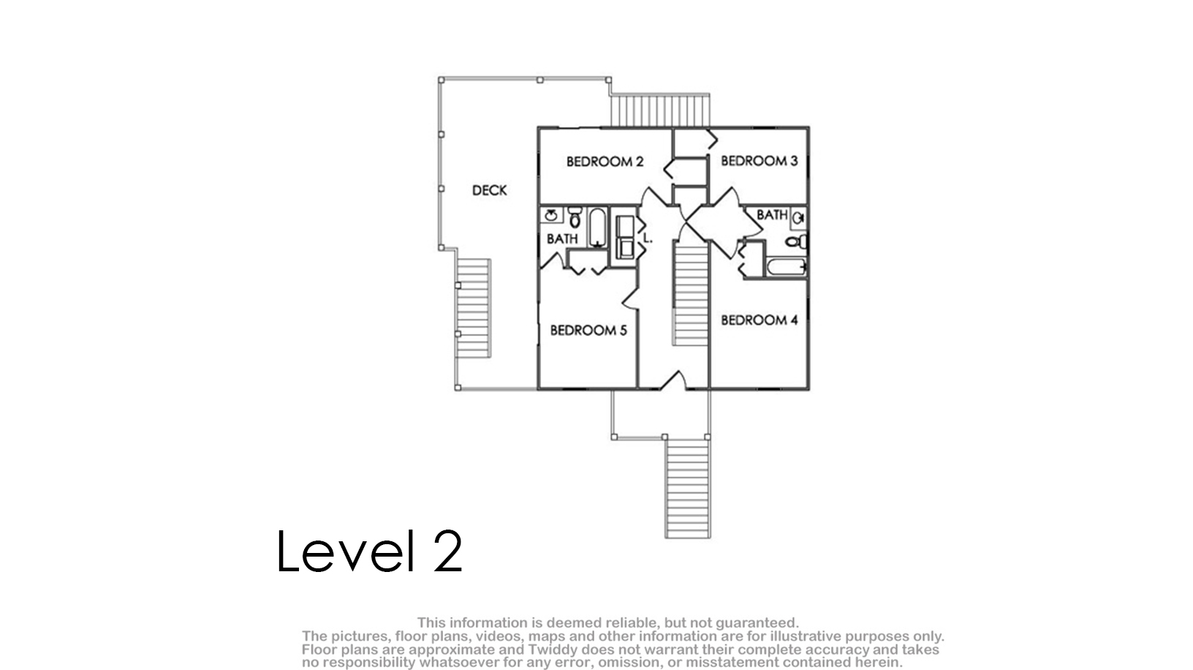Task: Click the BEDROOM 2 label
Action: coord(605,162)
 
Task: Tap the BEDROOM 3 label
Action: coord(760,161)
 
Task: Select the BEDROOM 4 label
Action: coord(760,320)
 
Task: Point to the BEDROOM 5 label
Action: coord(588,331)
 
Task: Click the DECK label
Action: coord(490,190)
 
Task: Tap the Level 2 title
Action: coord(370,551)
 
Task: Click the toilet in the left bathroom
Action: coord(575,217)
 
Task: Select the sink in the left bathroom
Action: coord(551,215)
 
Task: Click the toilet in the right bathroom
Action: coord(797,242)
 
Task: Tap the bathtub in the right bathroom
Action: coord(786,267)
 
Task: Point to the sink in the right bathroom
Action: coord(798,218)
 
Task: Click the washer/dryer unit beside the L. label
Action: coord(625,237)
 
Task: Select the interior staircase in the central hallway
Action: coord(691,293)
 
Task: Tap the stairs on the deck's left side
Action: coord(474,308)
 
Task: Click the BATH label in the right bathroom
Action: coord(772,215)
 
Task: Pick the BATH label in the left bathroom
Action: coord(562,238)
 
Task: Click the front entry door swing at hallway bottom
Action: coord(673,380)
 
